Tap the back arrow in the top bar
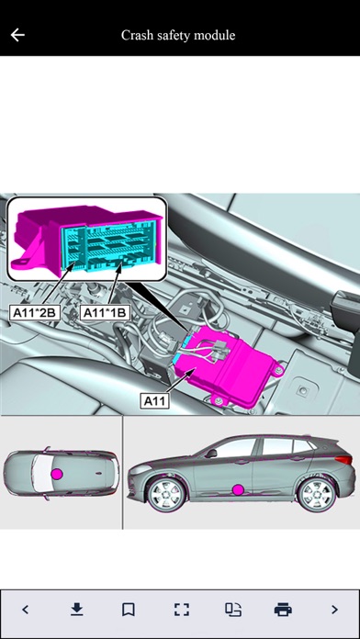pos(17,35)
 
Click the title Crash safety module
pos(178,35)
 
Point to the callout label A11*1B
pos(104,312)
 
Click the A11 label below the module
pos(153,400)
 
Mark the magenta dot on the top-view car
pos(57,473)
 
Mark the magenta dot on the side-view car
pos(238,489)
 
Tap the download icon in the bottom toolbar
pos(77,609)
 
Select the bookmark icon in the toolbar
pos(129,609)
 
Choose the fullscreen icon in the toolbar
pos(181,609)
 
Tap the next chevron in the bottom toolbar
pos(334,609)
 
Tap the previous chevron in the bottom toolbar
pos(25,609)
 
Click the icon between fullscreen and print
pos(231,609)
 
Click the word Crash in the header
pos(138,35)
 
